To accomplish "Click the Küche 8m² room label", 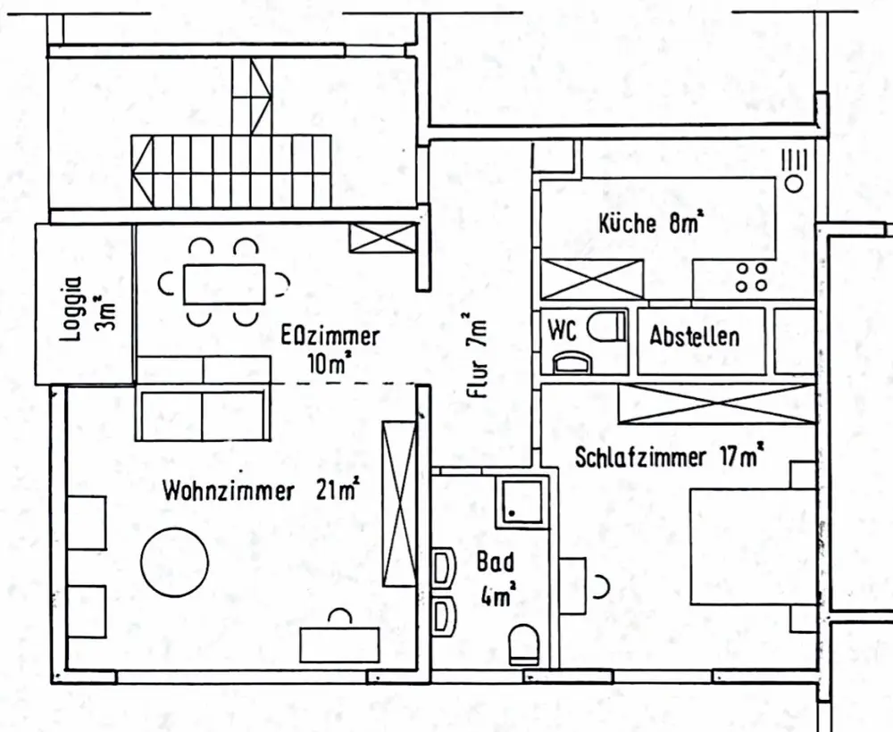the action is click(x=649, y=223).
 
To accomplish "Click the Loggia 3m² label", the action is click(x=87, y=304).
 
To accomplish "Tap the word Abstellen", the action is click(x=694, y=337).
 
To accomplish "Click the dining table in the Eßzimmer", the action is click(x=223, y=284).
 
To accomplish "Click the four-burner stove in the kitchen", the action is click(x=750, y=276).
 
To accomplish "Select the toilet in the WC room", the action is click(x=607, y=328).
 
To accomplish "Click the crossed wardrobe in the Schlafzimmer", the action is click(x=716, y=404).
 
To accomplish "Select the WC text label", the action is click(x=563, y=329).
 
